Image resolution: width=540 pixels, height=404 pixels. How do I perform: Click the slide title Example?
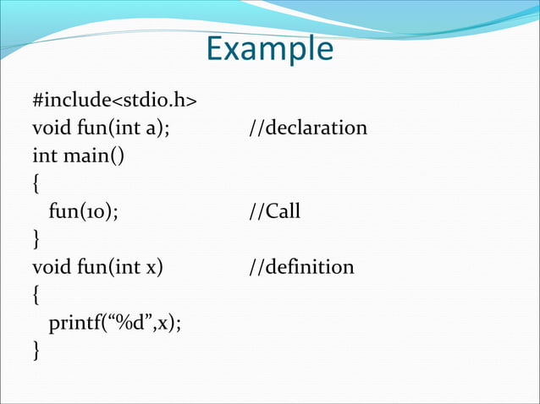click(x=269, y=49)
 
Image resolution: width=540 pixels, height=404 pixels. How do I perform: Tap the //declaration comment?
click(x=308, y=128)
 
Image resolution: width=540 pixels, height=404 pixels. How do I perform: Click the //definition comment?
click(x=301, y=267)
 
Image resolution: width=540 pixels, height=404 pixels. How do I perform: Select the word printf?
click(x=72, y=322)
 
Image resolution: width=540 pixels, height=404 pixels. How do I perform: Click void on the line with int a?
click(x=49, y=128)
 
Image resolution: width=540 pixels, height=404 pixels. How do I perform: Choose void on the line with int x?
click(x=49, y=267)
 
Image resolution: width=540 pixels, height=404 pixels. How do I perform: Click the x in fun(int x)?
click(x=151, y=268)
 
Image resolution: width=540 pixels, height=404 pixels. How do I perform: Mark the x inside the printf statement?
click(x=163, y=323)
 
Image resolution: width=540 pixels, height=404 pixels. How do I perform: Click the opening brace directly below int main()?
click(x=36, y=184)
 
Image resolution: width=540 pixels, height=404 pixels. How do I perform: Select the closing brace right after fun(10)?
click(x=36, y=240)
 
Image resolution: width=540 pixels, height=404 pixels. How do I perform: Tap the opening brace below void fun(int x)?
click(x=36, y=295)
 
